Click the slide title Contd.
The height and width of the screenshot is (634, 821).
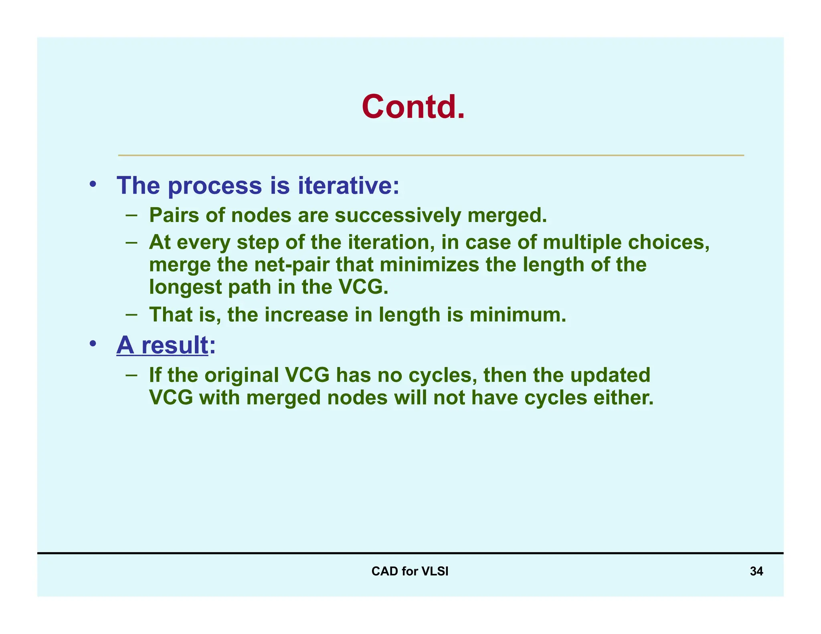(413, 107)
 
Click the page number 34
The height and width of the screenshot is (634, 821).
(756, 571)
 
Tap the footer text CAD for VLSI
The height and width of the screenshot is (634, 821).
(410, 571)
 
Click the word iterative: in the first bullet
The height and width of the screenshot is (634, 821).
(348, 186)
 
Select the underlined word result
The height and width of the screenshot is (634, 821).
(175, 345)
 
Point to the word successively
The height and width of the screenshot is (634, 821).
(398, 215)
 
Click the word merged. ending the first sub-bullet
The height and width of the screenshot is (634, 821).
(507, 215)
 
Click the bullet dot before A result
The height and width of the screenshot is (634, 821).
(93, 344)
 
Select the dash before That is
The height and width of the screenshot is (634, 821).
(131, 314)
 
